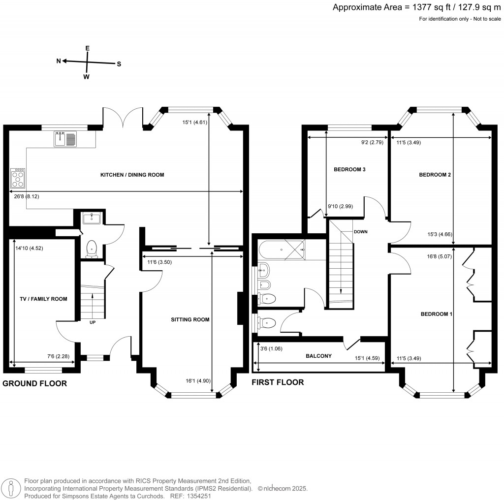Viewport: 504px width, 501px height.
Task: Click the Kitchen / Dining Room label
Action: (x=132, y=175)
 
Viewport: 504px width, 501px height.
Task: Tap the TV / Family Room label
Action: (x=43, y=299)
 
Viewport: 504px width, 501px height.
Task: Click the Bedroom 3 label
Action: (x=349, y=169)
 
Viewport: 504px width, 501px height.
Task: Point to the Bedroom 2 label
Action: (x=435, y=175)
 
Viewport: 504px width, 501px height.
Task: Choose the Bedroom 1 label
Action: (x=436, y=313)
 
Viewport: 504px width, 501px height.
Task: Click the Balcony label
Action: (x=318, y=355)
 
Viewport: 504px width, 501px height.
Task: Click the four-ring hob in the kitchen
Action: (x=18, y=178)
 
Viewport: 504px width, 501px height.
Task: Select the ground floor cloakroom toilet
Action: (x=92, y=250)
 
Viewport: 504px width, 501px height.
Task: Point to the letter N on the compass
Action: (x=58, y=61)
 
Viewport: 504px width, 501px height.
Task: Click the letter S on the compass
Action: (x=119, y=64)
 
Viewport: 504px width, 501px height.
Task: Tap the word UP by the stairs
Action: (x=92, y=323)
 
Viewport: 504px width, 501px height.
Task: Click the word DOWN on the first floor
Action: (x=360, y=231)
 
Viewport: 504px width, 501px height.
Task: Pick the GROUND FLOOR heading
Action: (x=35, y=383)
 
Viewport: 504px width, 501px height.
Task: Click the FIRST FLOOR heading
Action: (x=278, y=382)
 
